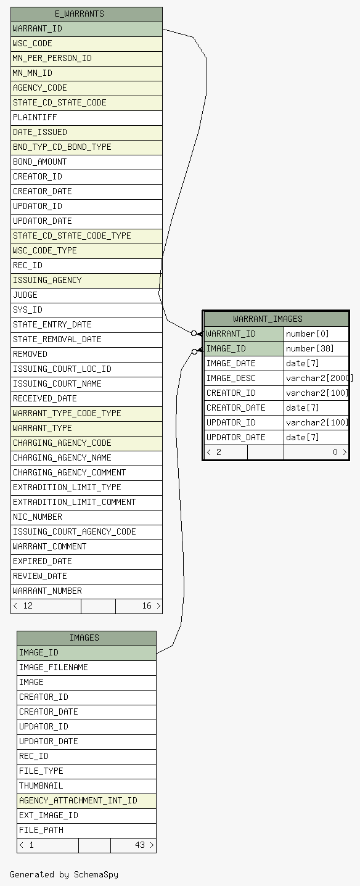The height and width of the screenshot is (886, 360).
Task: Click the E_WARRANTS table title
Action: click(x=79, y=14)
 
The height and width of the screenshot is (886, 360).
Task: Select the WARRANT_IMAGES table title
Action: click(x=268, y=319)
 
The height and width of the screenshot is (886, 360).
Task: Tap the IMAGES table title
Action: click(x=84, y=638)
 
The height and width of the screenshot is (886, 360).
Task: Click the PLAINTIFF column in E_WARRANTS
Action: click(x=87, y=118)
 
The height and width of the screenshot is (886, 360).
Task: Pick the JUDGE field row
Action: click(x=87, y=295)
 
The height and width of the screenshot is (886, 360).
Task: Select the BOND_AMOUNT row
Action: click(x=87, y=162)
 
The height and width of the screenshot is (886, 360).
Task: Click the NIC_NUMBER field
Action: click(x=87, y=517)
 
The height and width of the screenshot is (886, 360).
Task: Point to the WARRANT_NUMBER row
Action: click(x=87, y=591)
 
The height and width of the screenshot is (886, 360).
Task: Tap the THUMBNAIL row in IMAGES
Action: click(x=87, y=786)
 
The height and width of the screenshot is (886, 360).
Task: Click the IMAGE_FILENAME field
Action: click(x=87, y=667)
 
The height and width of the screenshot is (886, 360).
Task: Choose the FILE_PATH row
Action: click(x=87, y=830)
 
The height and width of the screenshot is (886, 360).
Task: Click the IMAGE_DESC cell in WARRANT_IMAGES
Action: click(x=244, y=378)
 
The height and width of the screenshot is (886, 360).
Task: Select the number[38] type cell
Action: click(x=316, y=348)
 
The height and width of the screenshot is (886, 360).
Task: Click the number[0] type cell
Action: click(x=316, y=334)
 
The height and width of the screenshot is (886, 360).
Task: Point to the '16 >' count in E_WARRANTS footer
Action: click(x=151, y=605)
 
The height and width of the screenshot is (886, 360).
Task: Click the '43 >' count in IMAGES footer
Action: click(x=144, y=845)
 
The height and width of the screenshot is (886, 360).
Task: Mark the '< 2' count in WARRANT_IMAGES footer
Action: click(x=214, y=452)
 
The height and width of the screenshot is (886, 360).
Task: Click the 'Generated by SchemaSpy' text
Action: click(x=64, y=874)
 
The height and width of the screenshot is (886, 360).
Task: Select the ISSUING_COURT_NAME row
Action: click(x=87, y=384)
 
